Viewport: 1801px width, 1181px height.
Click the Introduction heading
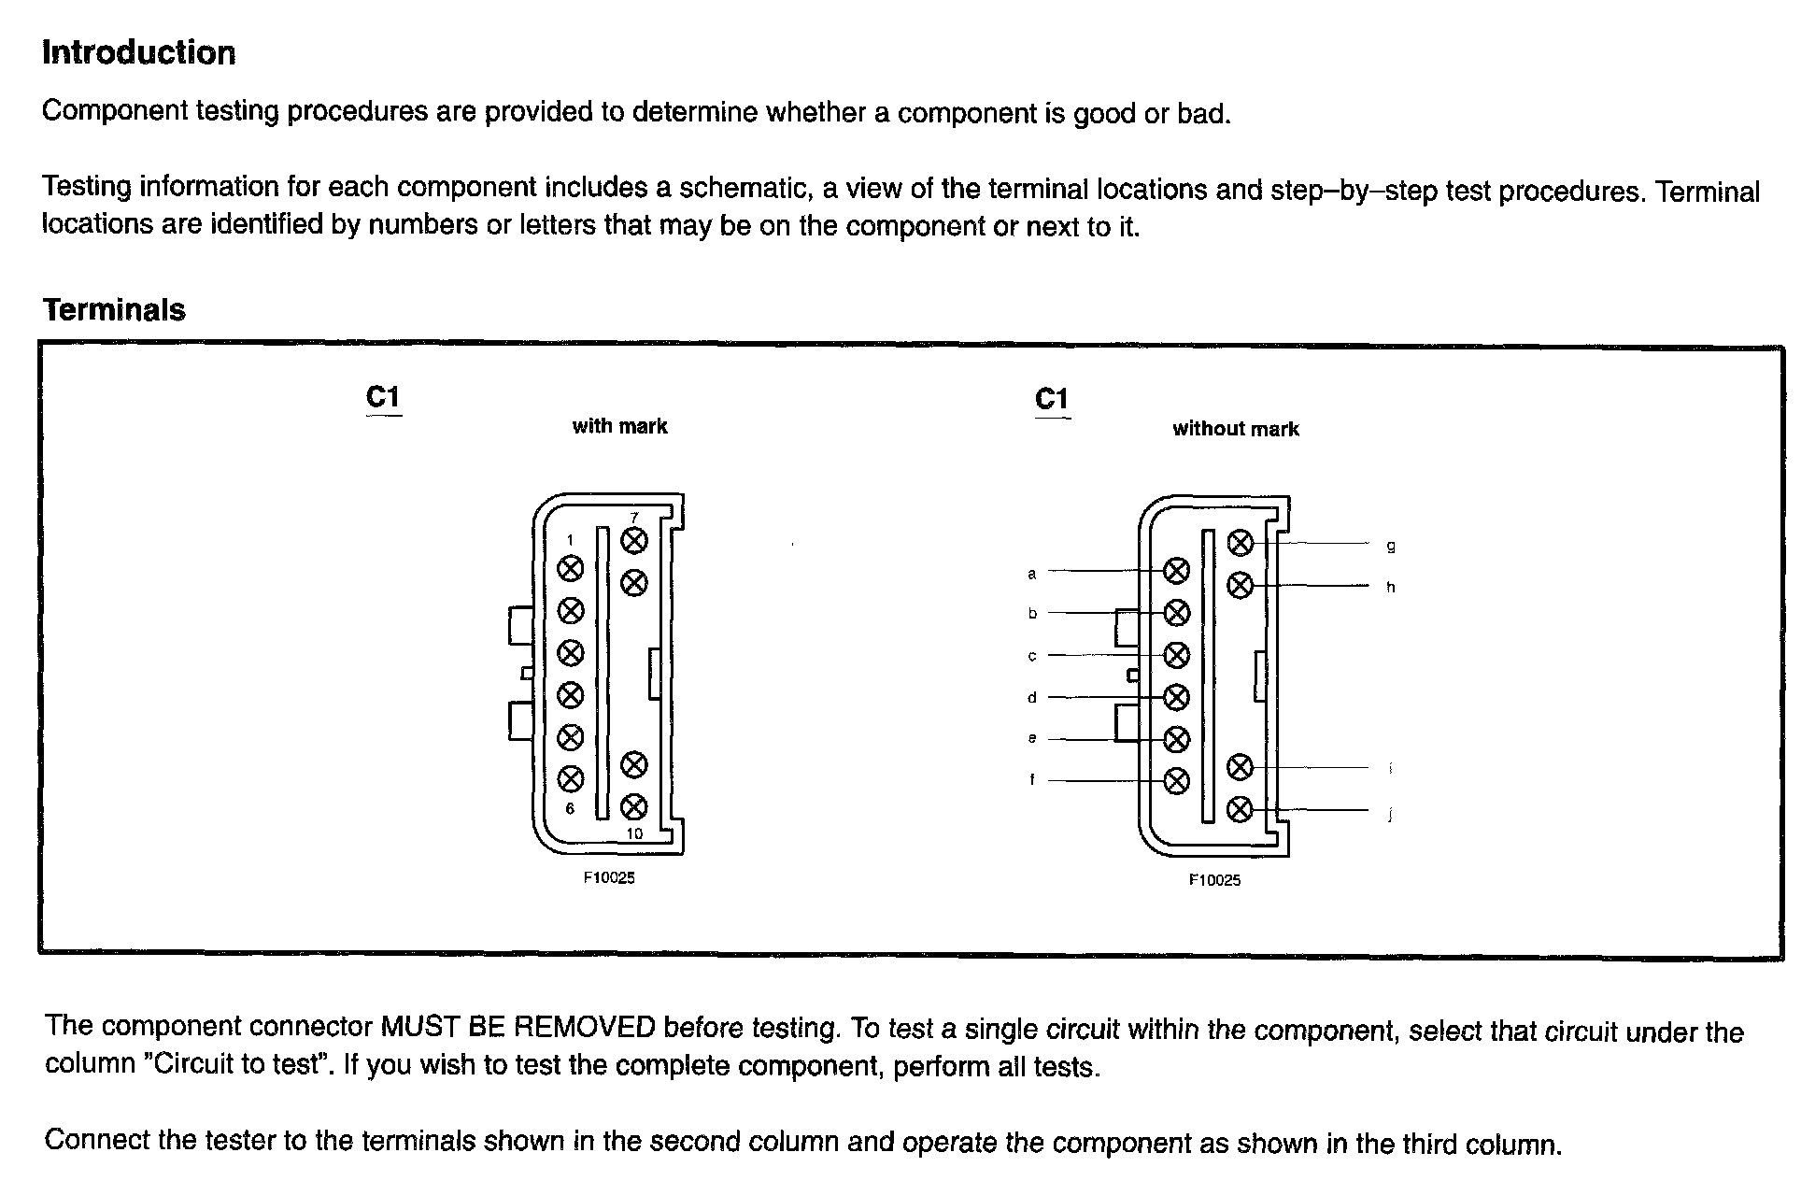pos(138,53)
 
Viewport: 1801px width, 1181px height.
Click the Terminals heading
pos(114,310)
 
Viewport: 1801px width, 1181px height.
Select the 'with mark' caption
pos(619,427)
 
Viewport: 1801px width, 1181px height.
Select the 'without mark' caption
pos(1235,430)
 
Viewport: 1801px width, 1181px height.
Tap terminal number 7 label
pos(634,518)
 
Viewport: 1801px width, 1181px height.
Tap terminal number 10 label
pos(634,833)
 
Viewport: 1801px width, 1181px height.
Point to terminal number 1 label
pos(571,539)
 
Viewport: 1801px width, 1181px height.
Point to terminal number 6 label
pos(570,808)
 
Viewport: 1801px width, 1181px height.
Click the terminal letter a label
pos(1032,574)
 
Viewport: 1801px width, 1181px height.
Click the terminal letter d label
pos(1032,698)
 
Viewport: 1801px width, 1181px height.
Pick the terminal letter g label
pos(1391,546)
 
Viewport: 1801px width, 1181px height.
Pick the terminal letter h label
pos(1391,588)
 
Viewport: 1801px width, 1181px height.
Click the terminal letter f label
pos(1032,779)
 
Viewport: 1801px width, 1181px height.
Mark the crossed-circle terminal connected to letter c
pos(1177,655)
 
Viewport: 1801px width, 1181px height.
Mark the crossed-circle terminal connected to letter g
pos(1240,543)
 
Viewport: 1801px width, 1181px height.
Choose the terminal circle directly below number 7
pos(634,540)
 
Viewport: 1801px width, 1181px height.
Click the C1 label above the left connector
pos(383,397)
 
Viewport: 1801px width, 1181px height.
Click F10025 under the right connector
pos(1214,880)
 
